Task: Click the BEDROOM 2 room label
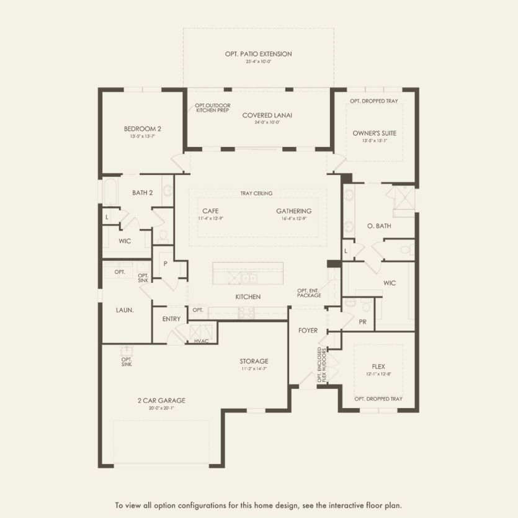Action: [x=143, y=129]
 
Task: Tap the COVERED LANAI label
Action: [x=267, y=115]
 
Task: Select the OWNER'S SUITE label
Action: [x=374, y=133]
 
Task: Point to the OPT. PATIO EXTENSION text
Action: [x=258, y=55]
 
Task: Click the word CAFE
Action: [x=210, y=211]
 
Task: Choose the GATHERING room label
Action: [x=293, y=211]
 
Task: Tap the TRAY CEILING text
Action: [x=256, y=194]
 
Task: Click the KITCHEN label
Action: [x=248, y=297]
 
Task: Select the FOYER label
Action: [x=308, y=331]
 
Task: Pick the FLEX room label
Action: [x=378, y=366]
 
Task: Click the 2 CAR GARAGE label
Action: [x=161, y=400]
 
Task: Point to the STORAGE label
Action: [x=254, y=361]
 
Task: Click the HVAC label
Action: [x=201, y=341]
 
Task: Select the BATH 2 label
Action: [x=142, y=193]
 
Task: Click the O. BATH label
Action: [x=379, y=226]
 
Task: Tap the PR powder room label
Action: [x=363, y=322]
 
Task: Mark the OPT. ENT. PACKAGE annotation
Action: [x=309, y=293]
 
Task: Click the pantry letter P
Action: [x=166, y=263]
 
